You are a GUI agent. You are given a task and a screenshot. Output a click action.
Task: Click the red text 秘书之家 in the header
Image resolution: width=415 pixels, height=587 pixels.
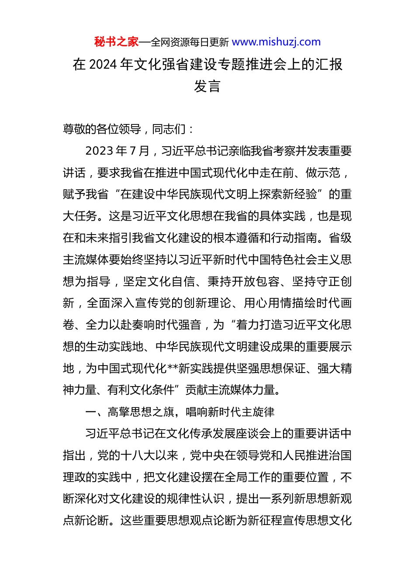point(116,42)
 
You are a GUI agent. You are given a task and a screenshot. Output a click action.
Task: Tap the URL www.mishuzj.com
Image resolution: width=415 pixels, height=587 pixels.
point(276,42)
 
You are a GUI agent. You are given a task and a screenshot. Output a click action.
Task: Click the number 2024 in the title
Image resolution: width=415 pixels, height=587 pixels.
point(103,65)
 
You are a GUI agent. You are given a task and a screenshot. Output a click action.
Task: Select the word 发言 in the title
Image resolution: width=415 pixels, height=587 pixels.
point(207,86)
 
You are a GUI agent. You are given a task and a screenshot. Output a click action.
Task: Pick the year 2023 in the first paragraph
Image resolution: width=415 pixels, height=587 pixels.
point(100,151)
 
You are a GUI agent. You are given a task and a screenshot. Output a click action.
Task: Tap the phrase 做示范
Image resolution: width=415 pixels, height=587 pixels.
point(323,173)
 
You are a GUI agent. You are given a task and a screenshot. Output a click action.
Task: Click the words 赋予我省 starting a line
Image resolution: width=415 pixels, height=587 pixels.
point(86,194)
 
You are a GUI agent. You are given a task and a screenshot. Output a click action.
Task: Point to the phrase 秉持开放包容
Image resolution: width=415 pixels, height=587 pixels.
point(243,282)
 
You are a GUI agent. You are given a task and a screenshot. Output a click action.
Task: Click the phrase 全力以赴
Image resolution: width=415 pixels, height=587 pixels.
point(109,325)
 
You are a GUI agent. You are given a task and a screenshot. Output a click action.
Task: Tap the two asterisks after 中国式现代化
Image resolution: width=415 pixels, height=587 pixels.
point(172,369)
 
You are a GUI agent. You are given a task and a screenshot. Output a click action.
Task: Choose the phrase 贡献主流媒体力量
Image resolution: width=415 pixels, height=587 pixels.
point(230,390)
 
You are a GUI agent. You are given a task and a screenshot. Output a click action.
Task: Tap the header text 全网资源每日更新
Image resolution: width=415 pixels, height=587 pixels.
point(190,42)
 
